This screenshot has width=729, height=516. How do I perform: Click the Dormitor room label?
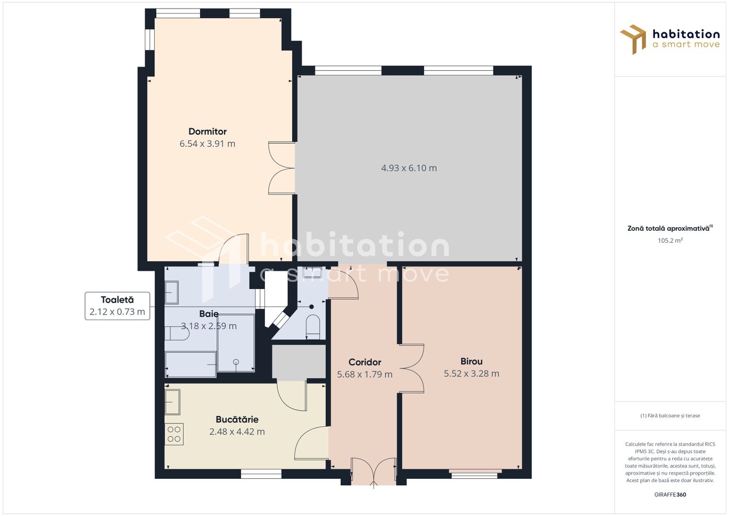tap(207, 131)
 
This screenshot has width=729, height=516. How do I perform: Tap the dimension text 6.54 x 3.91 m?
tap(207, 144)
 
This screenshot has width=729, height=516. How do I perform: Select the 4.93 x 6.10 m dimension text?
tap(409, 168)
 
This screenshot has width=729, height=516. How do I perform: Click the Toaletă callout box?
tap(117, 306)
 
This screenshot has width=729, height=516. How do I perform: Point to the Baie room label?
tap(209, 314)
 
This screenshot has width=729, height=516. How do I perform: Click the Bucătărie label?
tap(237, 419)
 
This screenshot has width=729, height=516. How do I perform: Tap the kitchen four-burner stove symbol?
tap(174, 434)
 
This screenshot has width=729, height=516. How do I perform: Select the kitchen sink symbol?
tap(172, 402)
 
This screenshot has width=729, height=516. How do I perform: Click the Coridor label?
tap(365, 362)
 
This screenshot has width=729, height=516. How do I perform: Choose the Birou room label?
tap(471, 362)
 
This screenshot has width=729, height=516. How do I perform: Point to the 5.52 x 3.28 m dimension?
tap(471, 374)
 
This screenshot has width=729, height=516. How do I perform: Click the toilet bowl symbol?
tap(313, 326)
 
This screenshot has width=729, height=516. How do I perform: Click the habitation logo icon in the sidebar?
tap(634, 39)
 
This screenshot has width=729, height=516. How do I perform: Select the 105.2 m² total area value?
tap(670, 241)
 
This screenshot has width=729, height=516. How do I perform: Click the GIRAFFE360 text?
tap(670, 494)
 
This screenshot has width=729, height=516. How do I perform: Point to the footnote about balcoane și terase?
tap(670, 416)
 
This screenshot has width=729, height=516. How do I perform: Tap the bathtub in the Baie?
tap(190, 364)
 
